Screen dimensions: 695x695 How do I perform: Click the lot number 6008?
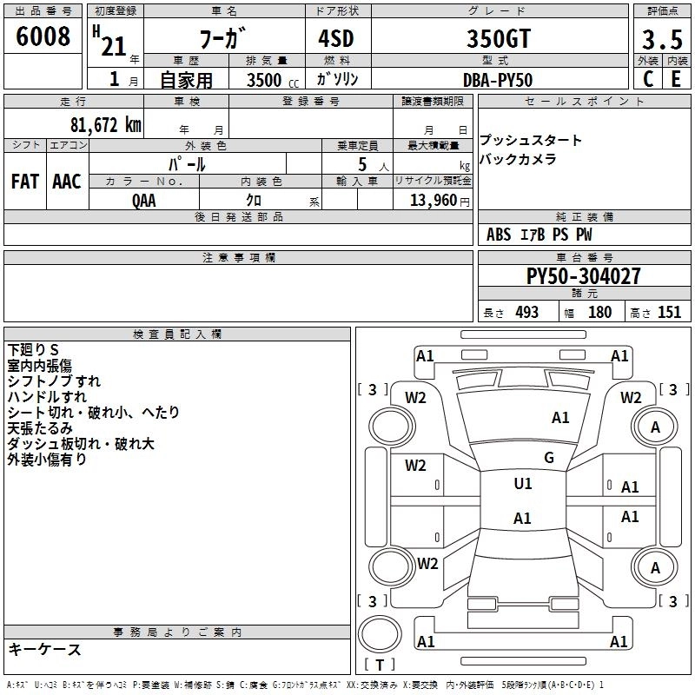pos(43,36)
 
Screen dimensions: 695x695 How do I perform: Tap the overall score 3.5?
pos(662,39)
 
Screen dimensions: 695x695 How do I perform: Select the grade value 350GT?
pos(499,38)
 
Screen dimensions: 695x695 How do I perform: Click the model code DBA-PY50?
pos(498,80)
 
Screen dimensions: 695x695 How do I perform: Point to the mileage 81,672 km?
pos(106,125)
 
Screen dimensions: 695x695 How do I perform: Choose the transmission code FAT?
pos(25,182)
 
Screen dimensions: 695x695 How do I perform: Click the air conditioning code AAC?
pos(67,182)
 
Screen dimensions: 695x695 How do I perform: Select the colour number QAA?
pos(144,201)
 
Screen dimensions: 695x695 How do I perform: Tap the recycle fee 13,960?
pos(433,201)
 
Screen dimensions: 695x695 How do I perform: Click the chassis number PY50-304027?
pos(583,276)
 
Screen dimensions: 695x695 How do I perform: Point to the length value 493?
pos(527,313)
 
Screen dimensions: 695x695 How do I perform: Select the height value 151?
pos(669,313)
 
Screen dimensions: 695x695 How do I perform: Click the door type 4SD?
pos(336,38)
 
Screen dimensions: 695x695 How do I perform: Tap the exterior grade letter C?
pos(648,79)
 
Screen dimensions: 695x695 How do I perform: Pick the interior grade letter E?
pos(676,79)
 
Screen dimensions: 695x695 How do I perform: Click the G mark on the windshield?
pos(549,458)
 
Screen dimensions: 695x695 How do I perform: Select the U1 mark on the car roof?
pos(523,484)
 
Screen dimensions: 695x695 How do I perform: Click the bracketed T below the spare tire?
pos(380,665)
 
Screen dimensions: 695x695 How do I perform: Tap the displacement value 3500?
pos(264,80)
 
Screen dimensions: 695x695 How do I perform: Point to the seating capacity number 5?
pos(362,165)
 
